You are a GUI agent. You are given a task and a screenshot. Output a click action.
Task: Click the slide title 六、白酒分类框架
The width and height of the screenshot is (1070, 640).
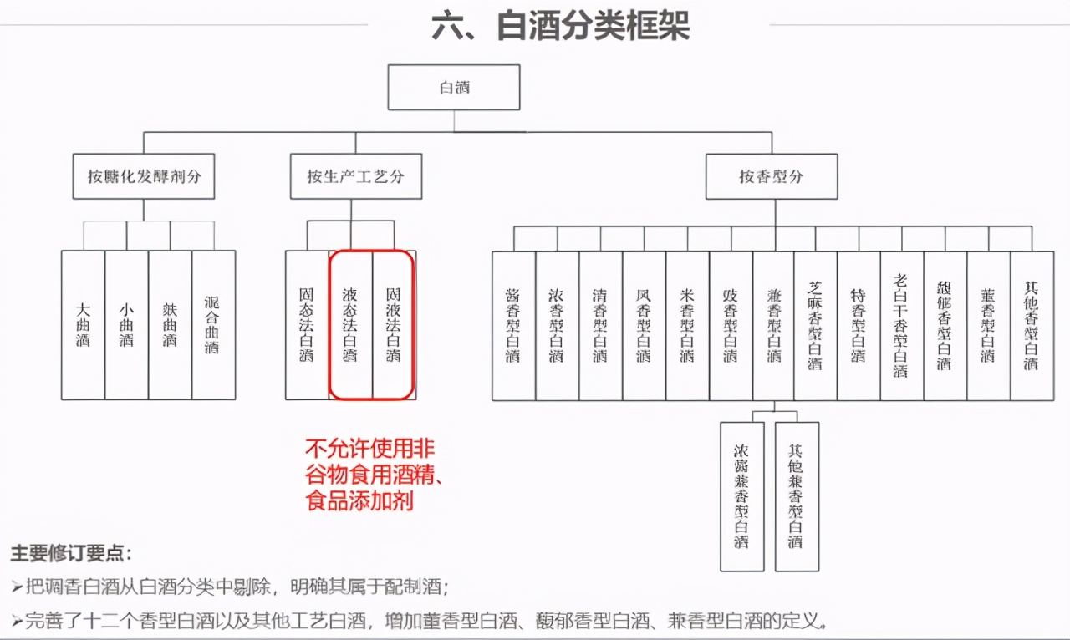(x=560, y=26)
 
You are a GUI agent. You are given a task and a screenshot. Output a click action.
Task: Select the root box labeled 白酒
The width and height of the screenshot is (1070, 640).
(x=455, y=87)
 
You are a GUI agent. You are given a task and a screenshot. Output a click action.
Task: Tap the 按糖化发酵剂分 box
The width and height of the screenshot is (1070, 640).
(x=144, y=176)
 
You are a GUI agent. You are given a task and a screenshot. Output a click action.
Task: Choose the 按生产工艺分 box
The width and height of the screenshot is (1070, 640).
(x=355, y=176)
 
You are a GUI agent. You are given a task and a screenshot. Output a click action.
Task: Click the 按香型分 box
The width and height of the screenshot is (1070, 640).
(x=771, y=176)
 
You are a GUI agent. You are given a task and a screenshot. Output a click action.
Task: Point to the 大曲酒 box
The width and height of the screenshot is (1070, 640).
(x=83, y=325)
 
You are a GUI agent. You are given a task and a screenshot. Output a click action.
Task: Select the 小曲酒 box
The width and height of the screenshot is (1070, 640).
(x=126, y=325)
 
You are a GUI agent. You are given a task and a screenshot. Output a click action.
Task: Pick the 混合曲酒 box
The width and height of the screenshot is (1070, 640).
(x=213, y=325)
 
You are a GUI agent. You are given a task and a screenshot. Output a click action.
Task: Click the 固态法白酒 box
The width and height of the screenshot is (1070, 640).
(x=307, y=325)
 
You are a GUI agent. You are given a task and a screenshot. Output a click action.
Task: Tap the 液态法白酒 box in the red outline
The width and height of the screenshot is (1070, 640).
(x=350, y=325)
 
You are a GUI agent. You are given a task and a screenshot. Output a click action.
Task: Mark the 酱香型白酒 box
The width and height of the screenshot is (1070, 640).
(x=513, y=326)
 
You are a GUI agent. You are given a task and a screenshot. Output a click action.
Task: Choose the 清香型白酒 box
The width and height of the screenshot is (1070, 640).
(x=600, y=326)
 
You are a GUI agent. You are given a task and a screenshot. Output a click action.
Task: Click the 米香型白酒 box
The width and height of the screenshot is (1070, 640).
(x=687, y=326)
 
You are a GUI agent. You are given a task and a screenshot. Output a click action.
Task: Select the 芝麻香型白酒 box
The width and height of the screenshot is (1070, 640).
(x=816, y=326)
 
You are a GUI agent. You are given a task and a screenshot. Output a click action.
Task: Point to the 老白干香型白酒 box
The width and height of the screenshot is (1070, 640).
(x=901, y=326)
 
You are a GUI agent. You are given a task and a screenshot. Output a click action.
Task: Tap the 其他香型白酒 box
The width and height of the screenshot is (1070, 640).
(x=1032, y=326)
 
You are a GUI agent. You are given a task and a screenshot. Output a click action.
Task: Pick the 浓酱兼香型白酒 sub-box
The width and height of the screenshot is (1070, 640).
(x=741, y=496)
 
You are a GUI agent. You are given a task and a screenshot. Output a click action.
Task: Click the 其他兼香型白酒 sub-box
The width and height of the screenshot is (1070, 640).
(x=796, y=496)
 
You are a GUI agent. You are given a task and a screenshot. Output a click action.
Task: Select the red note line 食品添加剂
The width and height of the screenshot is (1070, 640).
(x=360, y=502)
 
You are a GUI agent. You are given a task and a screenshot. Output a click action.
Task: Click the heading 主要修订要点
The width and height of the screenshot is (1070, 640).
(x=71, y=554)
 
